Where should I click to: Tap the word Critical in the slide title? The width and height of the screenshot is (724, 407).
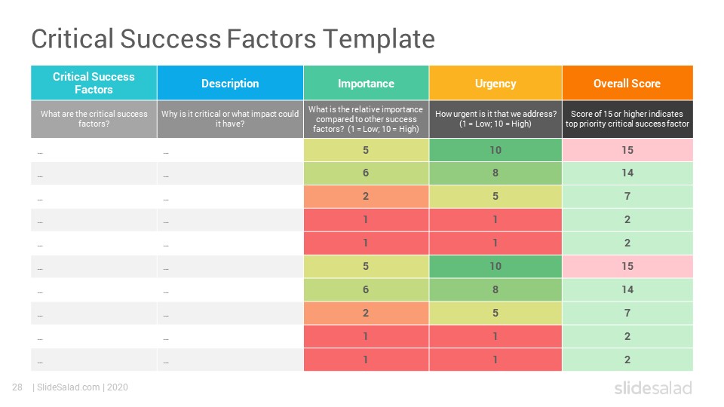(x=72, y=38)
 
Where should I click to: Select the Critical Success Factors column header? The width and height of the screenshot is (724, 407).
(x=94, y=83)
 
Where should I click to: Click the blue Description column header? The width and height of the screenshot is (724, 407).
(x=230, y=83)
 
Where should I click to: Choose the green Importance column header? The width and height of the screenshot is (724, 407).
(x=367, y=83)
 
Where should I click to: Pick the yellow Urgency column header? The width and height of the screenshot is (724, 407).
(x=495, y=83)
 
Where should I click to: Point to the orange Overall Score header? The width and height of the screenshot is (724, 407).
(x=627, y=83)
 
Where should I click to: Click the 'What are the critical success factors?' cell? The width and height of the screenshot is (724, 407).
(x=94, y=119)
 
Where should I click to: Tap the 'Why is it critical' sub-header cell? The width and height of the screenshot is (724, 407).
(x=230, y=119)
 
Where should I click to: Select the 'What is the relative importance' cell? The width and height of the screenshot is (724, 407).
(x=367, y=119)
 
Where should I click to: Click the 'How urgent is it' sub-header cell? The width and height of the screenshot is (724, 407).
(x=495, y=119)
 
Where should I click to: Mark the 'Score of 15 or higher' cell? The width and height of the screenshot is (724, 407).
(x=627, y=119)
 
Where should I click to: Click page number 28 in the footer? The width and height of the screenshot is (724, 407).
(x=17, y=387)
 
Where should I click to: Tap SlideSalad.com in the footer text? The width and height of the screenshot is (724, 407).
(x=69, y=387)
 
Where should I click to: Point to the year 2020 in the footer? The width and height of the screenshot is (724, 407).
(x=118, y=387)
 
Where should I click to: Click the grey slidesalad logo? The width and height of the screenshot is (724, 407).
(x=653, y=387)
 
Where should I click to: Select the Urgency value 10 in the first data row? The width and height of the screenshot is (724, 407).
(x=495, y=150)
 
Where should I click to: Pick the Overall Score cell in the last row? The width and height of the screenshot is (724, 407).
(x=627, y=360)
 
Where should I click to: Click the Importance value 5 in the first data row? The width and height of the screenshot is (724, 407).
(x=367, y=150)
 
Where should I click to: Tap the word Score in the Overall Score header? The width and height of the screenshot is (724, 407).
(x=646, y=84)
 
